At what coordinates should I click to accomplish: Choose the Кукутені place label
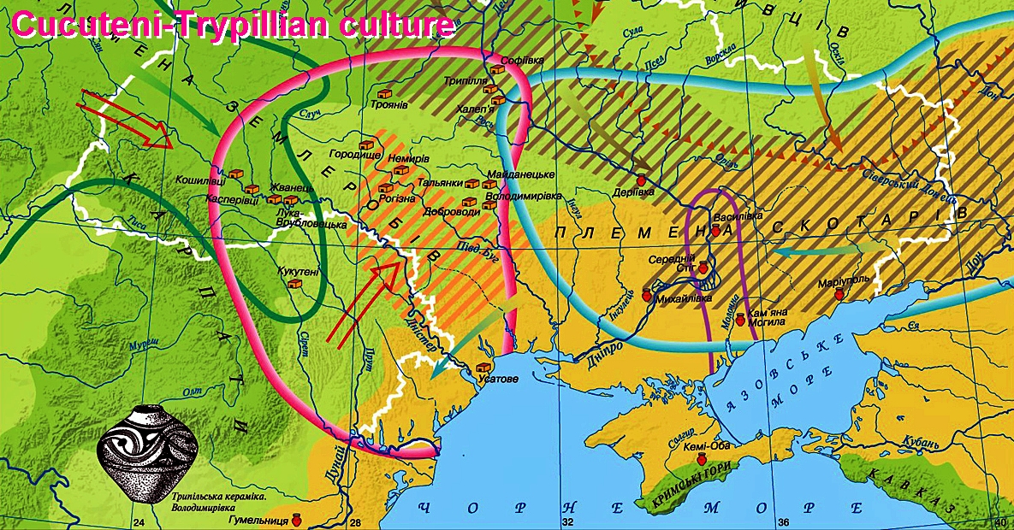[x=298, y=271]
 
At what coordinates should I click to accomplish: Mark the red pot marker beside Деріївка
[x=639, y=181]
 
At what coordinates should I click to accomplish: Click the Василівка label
[x=737, y=216]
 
